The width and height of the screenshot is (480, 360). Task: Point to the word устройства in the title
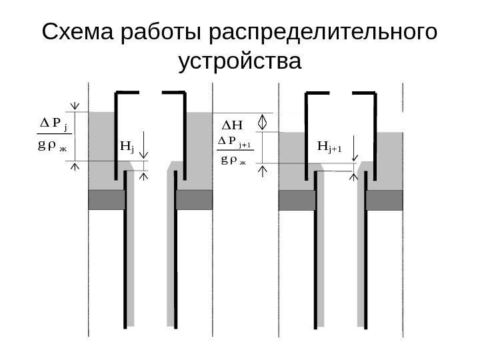tap(241, 63)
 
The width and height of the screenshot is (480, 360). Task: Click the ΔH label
tap(233, 125)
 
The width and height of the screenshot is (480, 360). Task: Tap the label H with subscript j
tap(127, 145)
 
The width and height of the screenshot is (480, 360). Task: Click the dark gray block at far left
tap(107, 199)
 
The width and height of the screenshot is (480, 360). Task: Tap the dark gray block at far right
tap(385, 200)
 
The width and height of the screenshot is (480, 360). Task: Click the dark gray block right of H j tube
tap(194, 199)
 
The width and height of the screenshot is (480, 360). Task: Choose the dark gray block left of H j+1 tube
tap(296, 200)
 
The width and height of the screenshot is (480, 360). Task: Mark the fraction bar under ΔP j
tap(53, 134)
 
